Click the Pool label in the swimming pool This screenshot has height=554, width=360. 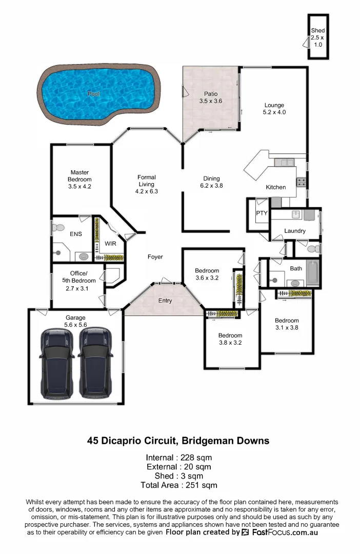pyautogui.click(x=93, y=94)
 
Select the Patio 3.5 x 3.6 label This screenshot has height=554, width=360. pyautogui.click(x=210, y=97)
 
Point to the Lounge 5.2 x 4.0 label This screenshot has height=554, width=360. pyautogui.click(x=274, y=108)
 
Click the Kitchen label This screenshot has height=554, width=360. pyautogui.click(x=275, y=187)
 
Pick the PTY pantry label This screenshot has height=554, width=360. pyautogui.click(x=262, y=213)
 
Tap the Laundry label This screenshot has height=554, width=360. pyautogui.click(x=295, y=231)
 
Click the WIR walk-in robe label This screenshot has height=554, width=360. pyautogui.click(x=110, y=244)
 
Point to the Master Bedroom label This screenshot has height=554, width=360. pyautogui.click(x=79, y=180)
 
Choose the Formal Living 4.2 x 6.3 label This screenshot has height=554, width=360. pyautogui.click(x=146, y=184)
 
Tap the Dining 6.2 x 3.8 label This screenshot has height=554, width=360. pyautogui.click(x=211, y=182)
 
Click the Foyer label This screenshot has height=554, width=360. pyautogui.click(x=155, y=256)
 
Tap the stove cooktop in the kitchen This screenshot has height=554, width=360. pyautogui.click(x=302, y=182)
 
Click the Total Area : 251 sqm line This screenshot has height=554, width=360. pyautogui.click(x=179, y=485)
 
